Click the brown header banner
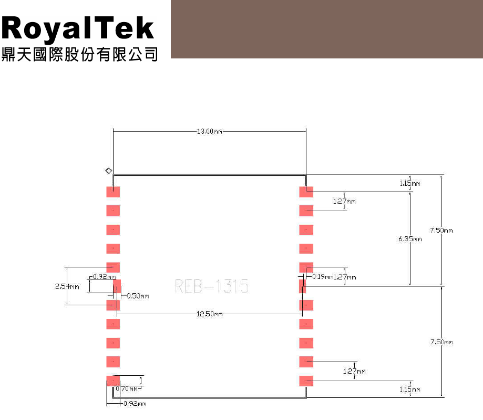click(x=326, y=29)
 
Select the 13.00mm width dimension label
click(x=210, y=132)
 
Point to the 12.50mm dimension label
click(x=210, y=314)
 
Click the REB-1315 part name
click(x=211, y=286)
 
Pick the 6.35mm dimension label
click(x=410, y=239)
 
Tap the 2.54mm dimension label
click(x=67, y=287)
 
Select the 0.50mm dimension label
click(x=138, y=296)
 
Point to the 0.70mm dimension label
click(x=127, y=388)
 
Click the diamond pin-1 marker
click(x=108, y=171)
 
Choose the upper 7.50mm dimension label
click(x=440, y=230)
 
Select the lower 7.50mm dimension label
click(x=441, y=342)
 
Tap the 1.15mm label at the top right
click(x=410, y=183)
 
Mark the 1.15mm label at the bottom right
click(x=410, y=389)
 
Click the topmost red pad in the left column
click(x=114, y=192)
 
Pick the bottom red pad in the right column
click(x=306, y=381)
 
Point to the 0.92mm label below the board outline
click(x=133, y=404)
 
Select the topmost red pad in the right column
click(x=306, y=192)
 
